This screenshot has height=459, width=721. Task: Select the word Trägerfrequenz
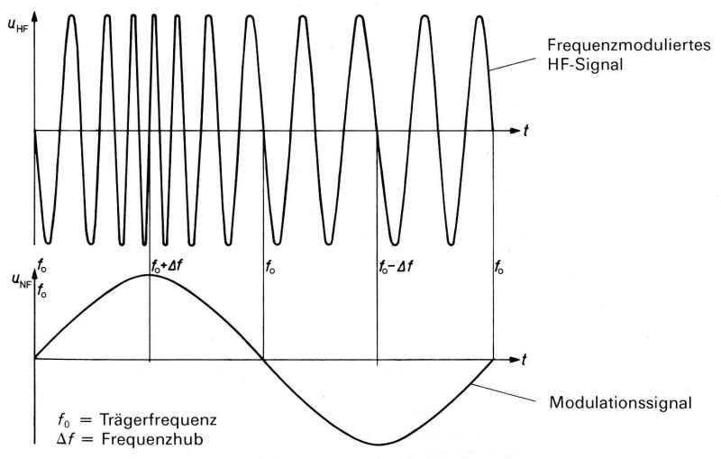[x=149, y=419]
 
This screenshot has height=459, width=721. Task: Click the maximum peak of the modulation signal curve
[x=150, y=275]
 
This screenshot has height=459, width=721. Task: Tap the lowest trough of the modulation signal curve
[x=379, y=445]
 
